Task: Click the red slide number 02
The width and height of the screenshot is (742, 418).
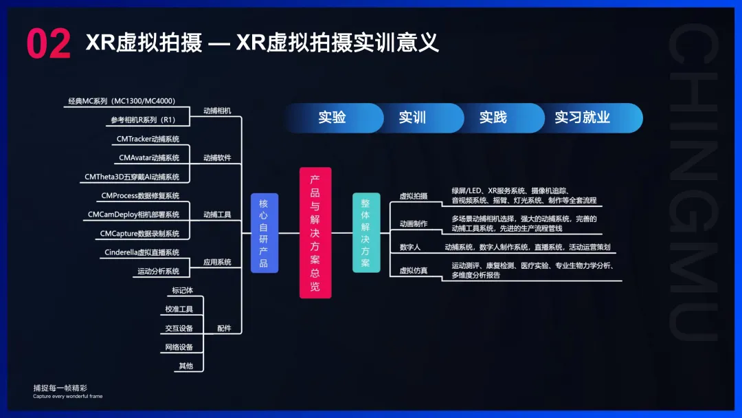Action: click(48, 44)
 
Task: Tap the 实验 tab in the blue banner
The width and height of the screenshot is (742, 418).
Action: click(332, 118)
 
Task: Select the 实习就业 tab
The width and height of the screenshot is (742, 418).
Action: click(582, 118)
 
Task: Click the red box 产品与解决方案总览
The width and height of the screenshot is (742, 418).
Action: click(315, 233)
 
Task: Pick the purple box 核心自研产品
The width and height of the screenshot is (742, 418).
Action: click(264, 233)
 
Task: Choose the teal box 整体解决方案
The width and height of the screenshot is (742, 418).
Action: click(366, 233)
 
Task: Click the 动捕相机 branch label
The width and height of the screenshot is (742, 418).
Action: click(217, 110)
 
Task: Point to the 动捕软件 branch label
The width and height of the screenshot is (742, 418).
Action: click(217, 157)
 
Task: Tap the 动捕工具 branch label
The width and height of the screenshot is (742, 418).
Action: click(217, 214)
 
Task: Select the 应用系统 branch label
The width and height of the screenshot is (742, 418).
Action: click(217, 262)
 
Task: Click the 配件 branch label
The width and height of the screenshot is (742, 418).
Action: click(224, 329)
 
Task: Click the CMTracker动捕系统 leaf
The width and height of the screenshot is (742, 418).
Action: click(148, 139)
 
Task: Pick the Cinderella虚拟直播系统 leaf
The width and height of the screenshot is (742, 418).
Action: click(142, 252)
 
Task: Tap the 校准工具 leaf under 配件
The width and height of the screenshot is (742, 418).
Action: click(179, 309)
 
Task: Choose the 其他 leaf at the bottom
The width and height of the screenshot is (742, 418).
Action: click(185, 366)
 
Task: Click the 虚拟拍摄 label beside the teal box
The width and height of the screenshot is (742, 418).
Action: click(414, 196)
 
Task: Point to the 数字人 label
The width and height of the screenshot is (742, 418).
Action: click(410, 247)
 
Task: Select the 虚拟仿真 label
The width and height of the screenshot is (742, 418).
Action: click(414, 271)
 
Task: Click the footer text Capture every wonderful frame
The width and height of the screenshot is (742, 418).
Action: click(67, 396)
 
